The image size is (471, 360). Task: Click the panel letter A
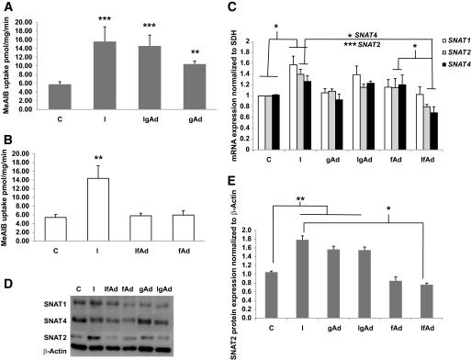click(x=7, y=8)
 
